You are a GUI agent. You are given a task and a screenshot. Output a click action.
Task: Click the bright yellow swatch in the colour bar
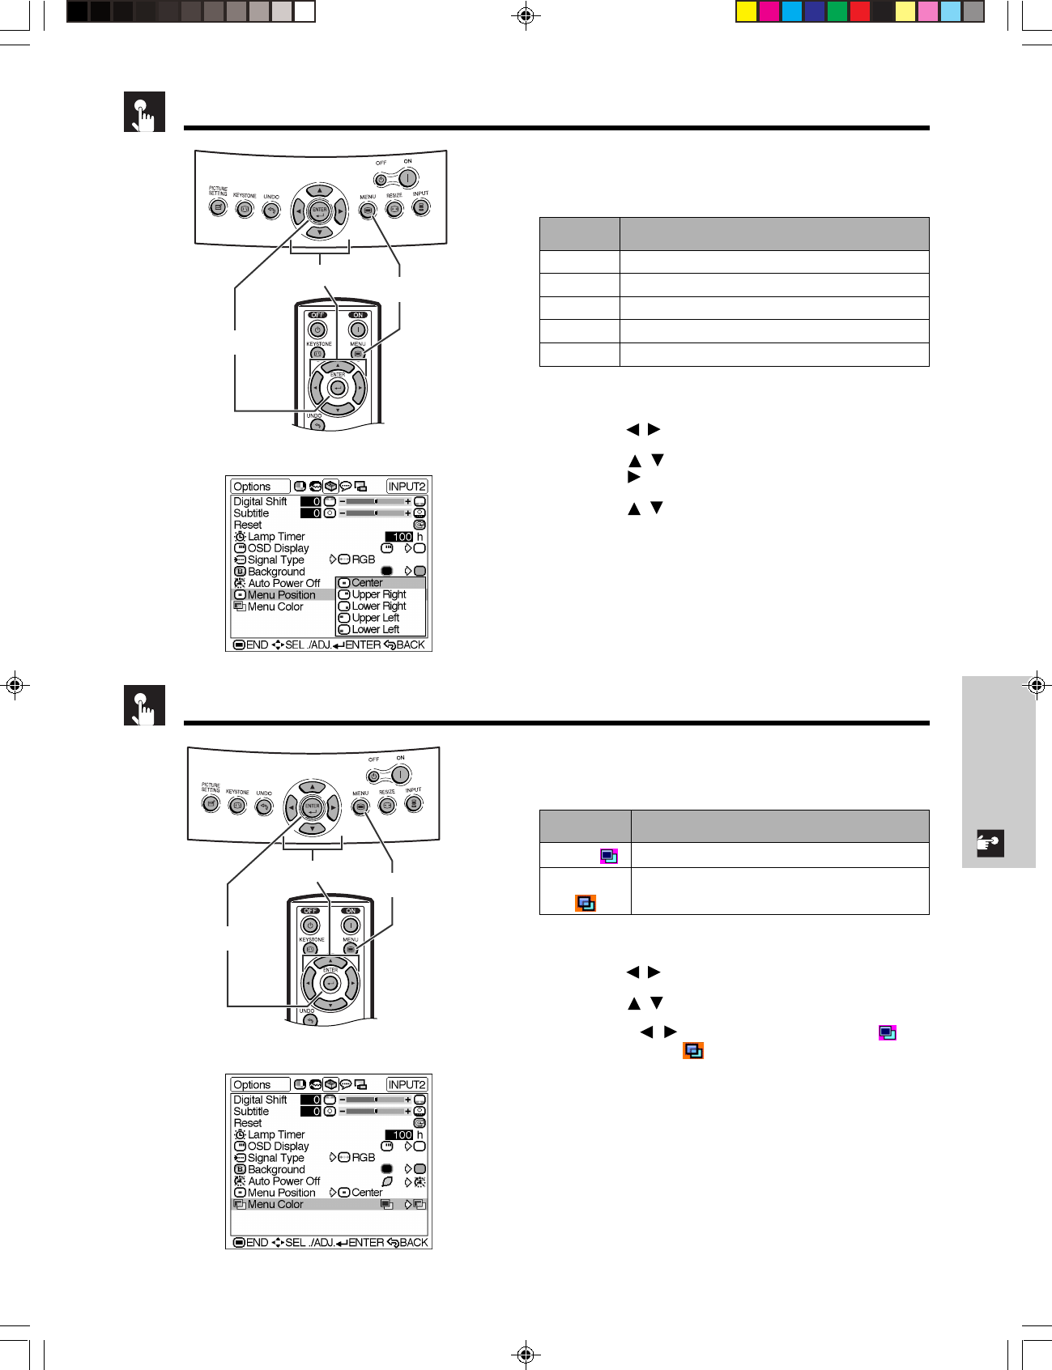coord(747,11)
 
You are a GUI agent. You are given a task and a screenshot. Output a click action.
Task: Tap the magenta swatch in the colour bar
coord(769,11)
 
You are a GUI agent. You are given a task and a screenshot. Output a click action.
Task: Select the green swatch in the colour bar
coord(837,11)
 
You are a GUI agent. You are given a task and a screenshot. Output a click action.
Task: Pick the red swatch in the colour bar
coord(860,11)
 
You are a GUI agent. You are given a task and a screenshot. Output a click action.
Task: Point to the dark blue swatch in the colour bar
coord(815,11)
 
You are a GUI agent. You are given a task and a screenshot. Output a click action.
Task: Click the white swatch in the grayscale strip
coord(305,11)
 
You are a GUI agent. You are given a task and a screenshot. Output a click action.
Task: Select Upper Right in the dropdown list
coord(379,594)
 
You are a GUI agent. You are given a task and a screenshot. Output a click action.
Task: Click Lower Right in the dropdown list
coord(379,606)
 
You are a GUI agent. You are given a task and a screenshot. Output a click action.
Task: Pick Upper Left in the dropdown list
coord(376,618)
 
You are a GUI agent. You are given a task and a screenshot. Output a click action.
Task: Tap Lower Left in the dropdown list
coord(376,629)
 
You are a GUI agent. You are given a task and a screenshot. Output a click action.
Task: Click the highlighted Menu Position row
coord(282,595)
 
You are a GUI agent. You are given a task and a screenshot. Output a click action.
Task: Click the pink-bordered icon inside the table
coord(609,856)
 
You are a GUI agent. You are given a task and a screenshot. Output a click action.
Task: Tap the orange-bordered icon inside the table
coord(586,903)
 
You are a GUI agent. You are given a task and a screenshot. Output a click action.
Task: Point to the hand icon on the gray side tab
coord(991,843)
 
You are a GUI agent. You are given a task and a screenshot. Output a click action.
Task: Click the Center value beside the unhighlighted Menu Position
coord(367,1193)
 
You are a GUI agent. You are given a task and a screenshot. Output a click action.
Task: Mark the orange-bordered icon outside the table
coord(693,1051)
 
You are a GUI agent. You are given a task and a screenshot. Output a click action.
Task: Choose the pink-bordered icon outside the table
coord(888,1033)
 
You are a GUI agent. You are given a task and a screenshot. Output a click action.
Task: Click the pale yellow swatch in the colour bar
coord(905,11)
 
